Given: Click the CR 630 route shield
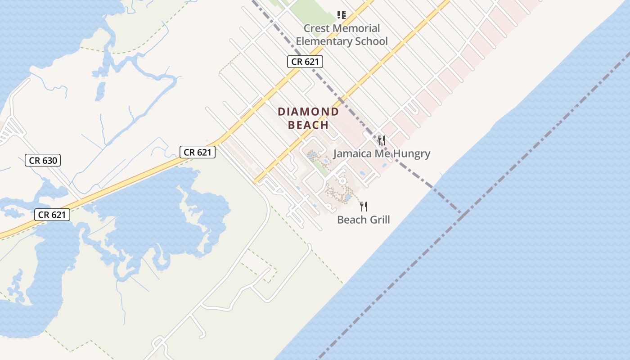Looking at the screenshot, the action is pos(43,160).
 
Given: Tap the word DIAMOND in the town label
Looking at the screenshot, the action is pos(308,112).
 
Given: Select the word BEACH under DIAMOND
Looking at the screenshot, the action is pos(308,125).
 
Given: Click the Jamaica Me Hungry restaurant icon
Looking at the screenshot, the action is pos(382,140).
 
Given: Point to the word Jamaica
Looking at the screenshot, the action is pos(351,154).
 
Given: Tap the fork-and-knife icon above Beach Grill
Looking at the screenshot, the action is pos(364,207).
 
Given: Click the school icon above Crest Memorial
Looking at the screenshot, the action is pos(342,15).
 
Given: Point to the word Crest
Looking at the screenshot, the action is pos(316,28).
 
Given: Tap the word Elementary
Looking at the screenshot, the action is pos(323,41).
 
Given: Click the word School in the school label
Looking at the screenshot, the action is pos(370,41).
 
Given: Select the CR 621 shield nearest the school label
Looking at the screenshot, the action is pos(305,62).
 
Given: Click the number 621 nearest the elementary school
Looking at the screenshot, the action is pos(311,62).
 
